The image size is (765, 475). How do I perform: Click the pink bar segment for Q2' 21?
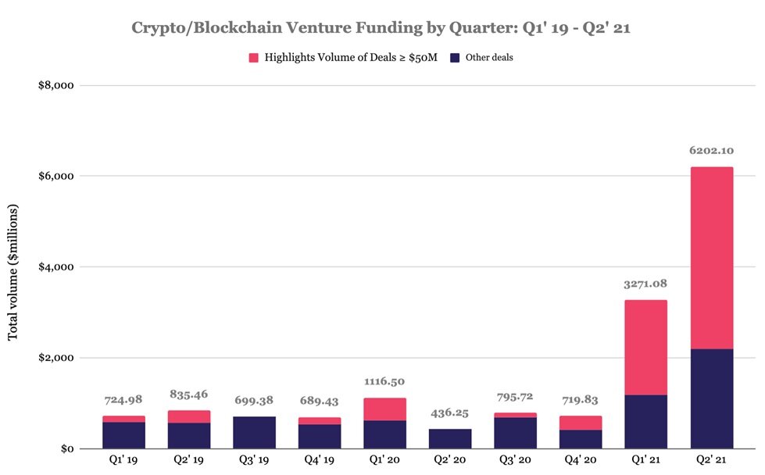711,258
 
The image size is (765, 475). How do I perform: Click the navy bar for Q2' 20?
449,438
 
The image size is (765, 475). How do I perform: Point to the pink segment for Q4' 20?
580,423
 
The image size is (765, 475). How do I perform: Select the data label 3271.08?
645,284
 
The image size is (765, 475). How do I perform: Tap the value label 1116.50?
384,381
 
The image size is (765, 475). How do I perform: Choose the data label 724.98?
123,399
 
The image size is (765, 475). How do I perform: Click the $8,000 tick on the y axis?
54,85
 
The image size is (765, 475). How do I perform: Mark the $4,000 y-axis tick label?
54,267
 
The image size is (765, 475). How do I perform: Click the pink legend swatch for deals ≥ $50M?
252,58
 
